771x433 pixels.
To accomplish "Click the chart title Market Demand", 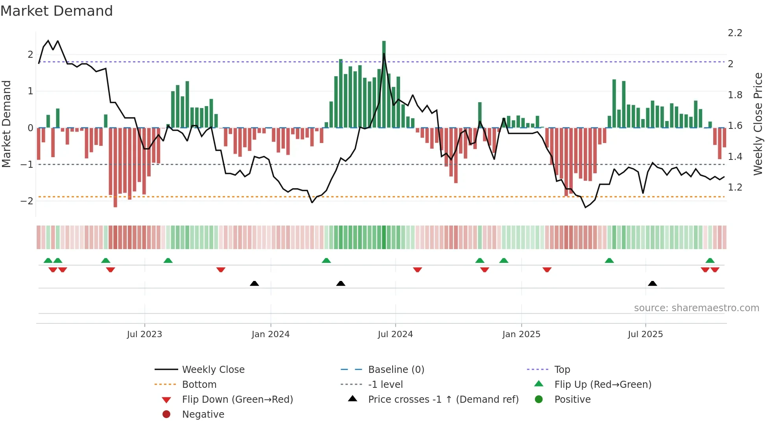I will [57, 11].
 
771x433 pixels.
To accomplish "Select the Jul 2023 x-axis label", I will [144, 334].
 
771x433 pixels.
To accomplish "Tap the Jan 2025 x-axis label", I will [521, 334].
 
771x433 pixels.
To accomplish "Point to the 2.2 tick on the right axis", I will [735, 33].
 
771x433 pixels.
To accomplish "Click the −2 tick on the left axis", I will [27, 201].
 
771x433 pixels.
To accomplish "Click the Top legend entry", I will [562, 370].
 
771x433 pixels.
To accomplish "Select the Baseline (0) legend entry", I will [396, 370].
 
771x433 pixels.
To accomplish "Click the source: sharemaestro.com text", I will [696, 308].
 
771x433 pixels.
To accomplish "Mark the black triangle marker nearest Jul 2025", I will [653, 284].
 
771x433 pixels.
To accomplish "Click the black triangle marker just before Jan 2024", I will [255, 284].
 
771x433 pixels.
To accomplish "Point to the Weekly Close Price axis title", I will [758, 124].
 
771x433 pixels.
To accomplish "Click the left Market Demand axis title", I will [6, 124].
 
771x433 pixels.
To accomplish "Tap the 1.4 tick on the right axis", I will [735, 157].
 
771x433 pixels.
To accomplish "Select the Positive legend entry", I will [572, 400].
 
